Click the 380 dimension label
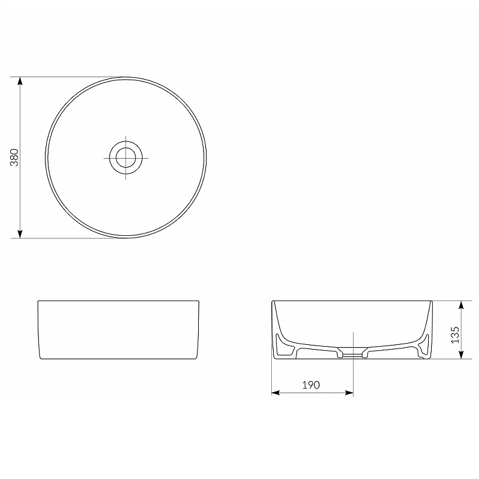14,157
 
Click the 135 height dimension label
455,335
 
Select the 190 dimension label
311,385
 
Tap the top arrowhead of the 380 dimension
20,81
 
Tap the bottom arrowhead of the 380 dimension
20,234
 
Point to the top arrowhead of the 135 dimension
461,305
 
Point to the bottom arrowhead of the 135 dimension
461,354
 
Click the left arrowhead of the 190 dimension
275,393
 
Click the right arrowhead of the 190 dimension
349,393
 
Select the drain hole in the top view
126,157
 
